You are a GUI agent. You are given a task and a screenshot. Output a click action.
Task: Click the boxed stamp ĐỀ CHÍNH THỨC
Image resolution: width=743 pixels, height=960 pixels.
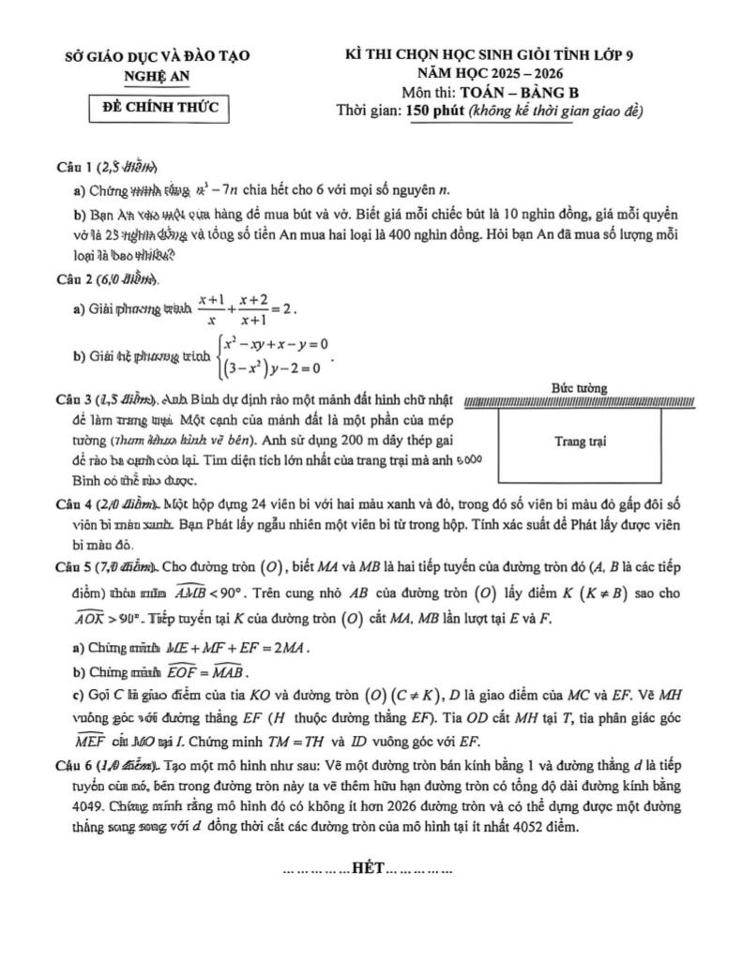click(x=159, y=108)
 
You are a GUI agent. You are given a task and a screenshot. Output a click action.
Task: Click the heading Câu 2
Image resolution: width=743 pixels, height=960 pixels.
click(x=75, y=280)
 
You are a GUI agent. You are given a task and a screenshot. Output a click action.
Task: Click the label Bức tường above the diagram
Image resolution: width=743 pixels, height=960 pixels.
click(x=579, y=388)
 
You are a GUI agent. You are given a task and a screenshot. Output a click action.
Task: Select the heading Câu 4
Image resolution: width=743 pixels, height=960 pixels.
click(x=75, y=503)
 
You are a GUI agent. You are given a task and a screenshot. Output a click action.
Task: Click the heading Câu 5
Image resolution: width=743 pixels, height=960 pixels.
click(x=75, y=568)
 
